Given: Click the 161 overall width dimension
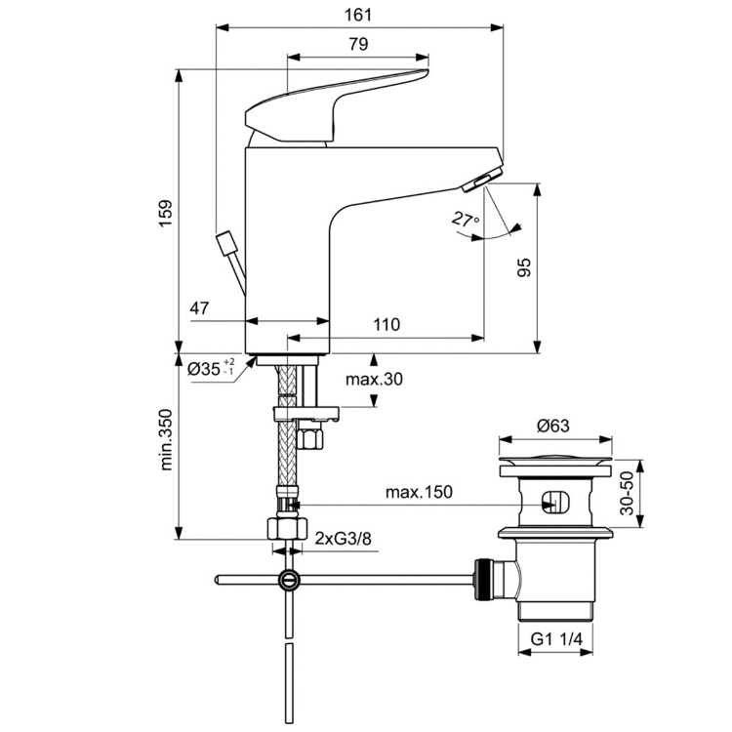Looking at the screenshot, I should (359, 15).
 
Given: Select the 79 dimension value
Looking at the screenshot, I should (358, 44).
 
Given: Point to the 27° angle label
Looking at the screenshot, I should (466, 220).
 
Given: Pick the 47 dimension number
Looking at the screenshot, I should (200, 307).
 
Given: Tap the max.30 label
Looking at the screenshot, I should (374, 379).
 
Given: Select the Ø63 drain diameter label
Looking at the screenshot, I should (554, 426).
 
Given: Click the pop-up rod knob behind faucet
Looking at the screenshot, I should (226, 241).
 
